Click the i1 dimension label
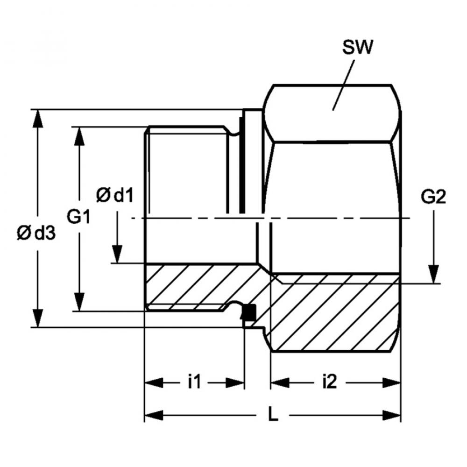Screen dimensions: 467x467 tap(194, 382)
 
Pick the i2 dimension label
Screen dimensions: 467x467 tap(330, 382)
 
